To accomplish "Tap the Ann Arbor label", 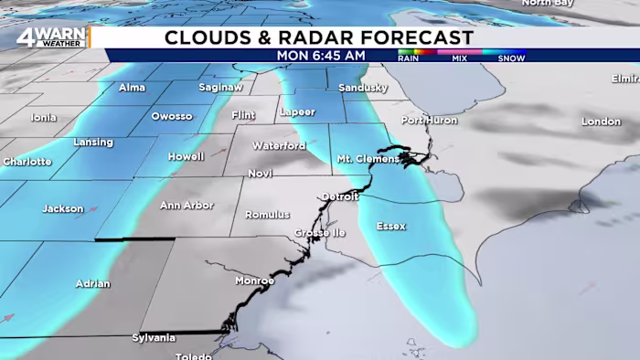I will click(187, 206).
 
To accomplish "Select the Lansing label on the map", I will click(93, 143).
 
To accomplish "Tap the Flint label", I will click(243, 115).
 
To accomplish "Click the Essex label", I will click(390, 226).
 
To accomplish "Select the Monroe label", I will click(254, 281).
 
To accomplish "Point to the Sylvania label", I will click(153, 338).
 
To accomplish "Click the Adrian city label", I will click(92, 283).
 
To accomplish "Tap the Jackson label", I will click(62, 209).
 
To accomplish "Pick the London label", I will click(601, 122).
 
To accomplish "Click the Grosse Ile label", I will click(318, 233).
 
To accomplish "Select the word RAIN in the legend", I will click(408, 58).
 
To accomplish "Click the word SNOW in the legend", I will click(511, 58).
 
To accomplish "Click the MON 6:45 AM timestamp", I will click(321, 55).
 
